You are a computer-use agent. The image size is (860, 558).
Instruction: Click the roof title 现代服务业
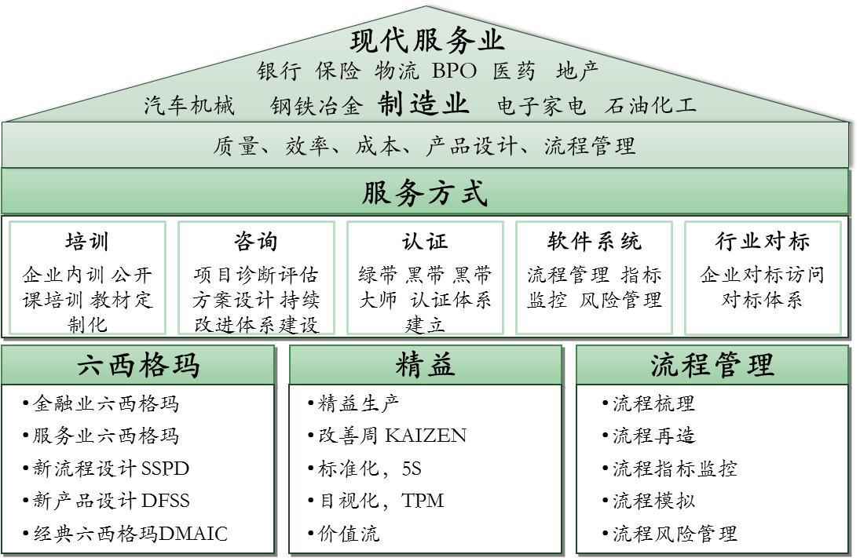[426, 40]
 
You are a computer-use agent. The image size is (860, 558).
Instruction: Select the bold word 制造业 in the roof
[423, 104]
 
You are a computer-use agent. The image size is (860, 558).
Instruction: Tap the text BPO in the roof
[454, 71]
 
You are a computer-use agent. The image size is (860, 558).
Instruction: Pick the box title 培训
[87, 241]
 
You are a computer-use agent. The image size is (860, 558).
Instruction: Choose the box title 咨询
[256, 241]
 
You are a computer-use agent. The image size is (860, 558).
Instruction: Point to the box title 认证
[425, 241]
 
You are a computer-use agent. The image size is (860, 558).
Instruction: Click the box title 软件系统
[594, 241]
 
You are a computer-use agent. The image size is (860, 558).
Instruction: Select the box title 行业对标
[763, 241]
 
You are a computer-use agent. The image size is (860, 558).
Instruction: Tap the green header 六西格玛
[138, 366]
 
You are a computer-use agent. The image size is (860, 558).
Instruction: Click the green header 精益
[425, 366]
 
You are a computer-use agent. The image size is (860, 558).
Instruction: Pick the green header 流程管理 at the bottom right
[712, 366]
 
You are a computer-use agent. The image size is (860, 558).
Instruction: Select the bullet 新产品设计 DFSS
[110, 501]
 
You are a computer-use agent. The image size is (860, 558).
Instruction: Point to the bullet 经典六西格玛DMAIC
[130, 534]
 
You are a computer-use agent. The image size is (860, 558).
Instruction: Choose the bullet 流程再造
[653, 436]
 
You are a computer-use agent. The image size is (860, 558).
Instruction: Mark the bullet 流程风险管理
[674, 534]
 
